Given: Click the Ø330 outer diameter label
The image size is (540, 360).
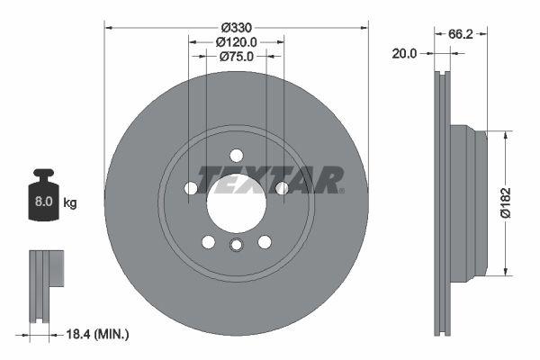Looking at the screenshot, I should coord(236,26).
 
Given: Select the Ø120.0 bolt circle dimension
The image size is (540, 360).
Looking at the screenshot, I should coord(237,41).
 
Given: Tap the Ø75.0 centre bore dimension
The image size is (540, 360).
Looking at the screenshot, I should coord(237,56).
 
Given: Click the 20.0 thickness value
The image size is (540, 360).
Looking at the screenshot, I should coord(405,54).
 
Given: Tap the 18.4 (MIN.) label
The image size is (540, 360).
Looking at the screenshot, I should coord(99,334).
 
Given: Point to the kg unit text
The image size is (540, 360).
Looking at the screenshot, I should coord(69,202).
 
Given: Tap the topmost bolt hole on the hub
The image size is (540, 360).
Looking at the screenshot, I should coord(236,154).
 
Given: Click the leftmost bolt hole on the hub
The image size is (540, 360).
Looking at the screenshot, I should coord(191,188).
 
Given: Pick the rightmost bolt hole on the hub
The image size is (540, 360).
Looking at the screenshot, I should coord(282,188).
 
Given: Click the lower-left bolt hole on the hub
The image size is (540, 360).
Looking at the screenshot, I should coord(208,241).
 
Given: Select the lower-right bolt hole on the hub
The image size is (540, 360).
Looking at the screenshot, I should coord(265,241).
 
